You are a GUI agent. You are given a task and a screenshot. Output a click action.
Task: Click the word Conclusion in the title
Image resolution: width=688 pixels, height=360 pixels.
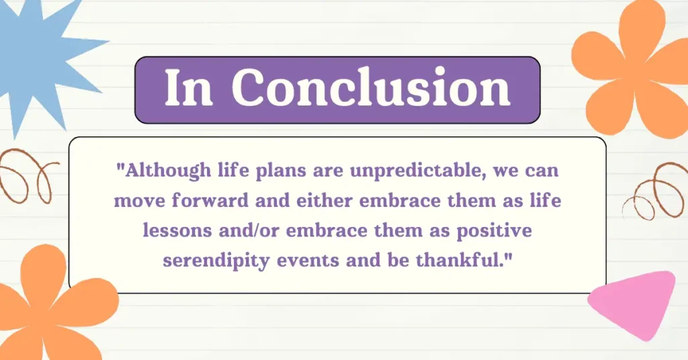[371, 88]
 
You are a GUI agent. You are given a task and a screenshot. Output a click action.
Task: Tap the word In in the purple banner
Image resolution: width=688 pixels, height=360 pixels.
[189, 88]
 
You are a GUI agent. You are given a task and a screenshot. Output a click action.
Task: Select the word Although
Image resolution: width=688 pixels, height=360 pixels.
[169, 171]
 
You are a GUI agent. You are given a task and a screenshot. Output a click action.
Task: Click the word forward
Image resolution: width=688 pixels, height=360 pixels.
[210, 200]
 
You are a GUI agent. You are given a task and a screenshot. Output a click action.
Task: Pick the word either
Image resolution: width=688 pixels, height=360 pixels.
[325, 200]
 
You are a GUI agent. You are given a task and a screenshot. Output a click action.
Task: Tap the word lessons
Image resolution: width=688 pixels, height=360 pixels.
[177, 230]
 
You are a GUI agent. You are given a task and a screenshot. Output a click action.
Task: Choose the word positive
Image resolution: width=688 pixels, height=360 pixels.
[494, 231]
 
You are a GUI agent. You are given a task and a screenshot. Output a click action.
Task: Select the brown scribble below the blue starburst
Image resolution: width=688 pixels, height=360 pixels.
[26, 175]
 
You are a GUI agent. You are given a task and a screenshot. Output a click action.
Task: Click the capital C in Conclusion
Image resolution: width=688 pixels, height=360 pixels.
[251, 88]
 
